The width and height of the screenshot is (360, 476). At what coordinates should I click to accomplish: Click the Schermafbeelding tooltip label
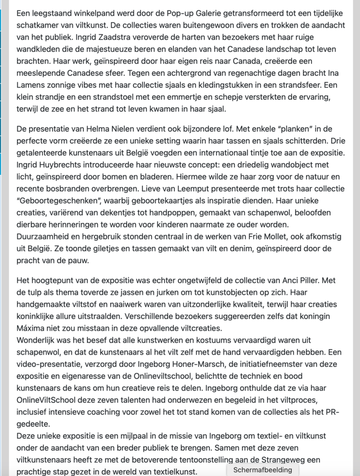pyautogui.click(x=262, y=470)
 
